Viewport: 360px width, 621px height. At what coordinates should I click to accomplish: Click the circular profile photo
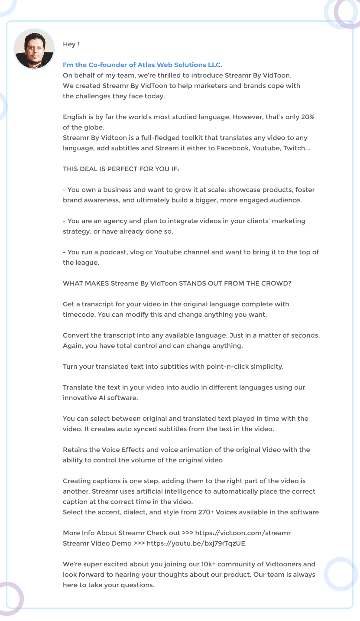(x=34, y=49)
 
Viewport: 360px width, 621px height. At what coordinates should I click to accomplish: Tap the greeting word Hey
(x=69, y=44)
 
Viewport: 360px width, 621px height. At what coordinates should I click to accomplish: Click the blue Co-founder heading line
(x=143, y=65)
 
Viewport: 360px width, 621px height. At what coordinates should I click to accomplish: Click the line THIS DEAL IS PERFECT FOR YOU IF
(x=121, y=169)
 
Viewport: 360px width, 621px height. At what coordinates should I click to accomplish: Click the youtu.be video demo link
(x=196, y=543)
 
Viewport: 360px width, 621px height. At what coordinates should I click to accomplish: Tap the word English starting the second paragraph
(x=75, y=117)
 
